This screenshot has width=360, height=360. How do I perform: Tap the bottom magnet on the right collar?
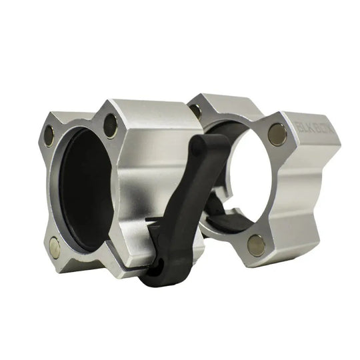256,245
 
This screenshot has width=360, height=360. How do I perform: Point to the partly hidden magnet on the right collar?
195,110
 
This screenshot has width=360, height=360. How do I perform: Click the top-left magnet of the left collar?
49,136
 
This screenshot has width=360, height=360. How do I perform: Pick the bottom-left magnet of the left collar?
54,249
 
